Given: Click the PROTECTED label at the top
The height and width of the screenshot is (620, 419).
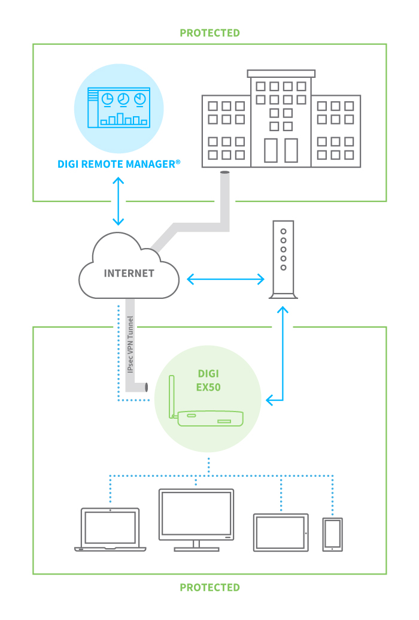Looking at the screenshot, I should (x=209, y=33).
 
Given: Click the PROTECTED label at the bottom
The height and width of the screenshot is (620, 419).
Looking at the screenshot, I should (x=209, y=588).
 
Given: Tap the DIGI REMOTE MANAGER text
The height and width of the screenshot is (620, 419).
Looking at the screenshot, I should (x=119, y=163).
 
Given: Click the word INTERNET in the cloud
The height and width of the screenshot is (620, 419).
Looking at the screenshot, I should (x=129, y=273).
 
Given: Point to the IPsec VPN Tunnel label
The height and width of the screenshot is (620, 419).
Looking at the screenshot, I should (x=130, y=347).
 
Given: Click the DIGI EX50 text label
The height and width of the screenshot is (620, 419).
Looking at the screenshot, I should (x=209, y=380).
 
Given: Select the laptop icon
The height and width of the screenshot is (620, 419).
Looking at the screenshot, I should (x=111, y=530).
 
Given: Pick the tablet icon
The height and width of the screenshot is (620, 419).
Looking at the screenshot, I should (x=281, y=532).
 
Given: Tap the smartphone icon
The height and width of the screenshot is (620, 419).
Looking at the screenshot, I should (x=332, y=534).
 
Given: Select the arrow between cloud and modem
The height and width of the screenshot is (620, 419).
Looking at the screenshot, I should (x=225, y=279).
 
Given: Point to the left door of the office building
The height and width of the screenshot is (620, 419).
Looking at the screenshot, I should (x=271, y=150).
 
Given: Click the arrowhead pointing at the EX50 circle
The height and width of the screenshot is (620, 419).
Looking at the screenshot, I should (x=270, y=399).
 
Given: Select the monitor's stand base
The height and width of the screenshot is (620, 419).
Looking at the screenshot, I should (x=196, y=549).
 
